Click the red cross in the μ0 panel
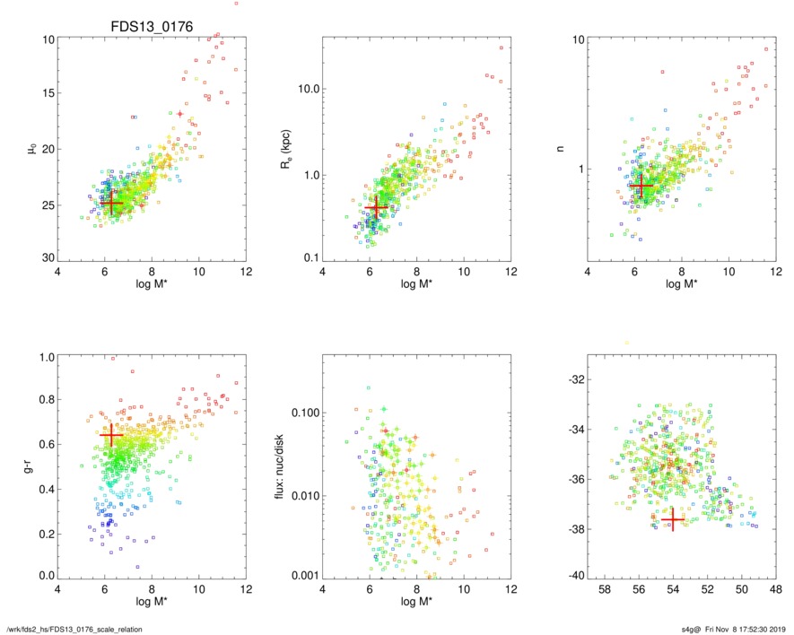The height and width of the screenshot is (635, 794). click(111, 203)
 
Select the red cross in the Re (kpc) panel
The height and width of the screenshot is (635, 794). click(376, 207)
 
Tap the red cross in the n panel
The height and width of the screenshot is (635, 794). click(640, 186)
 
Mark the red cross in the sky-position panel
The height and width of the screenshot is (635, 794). click(673, 519)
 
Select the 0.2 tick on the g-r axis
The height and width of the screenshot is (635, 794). click(43, 531)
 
